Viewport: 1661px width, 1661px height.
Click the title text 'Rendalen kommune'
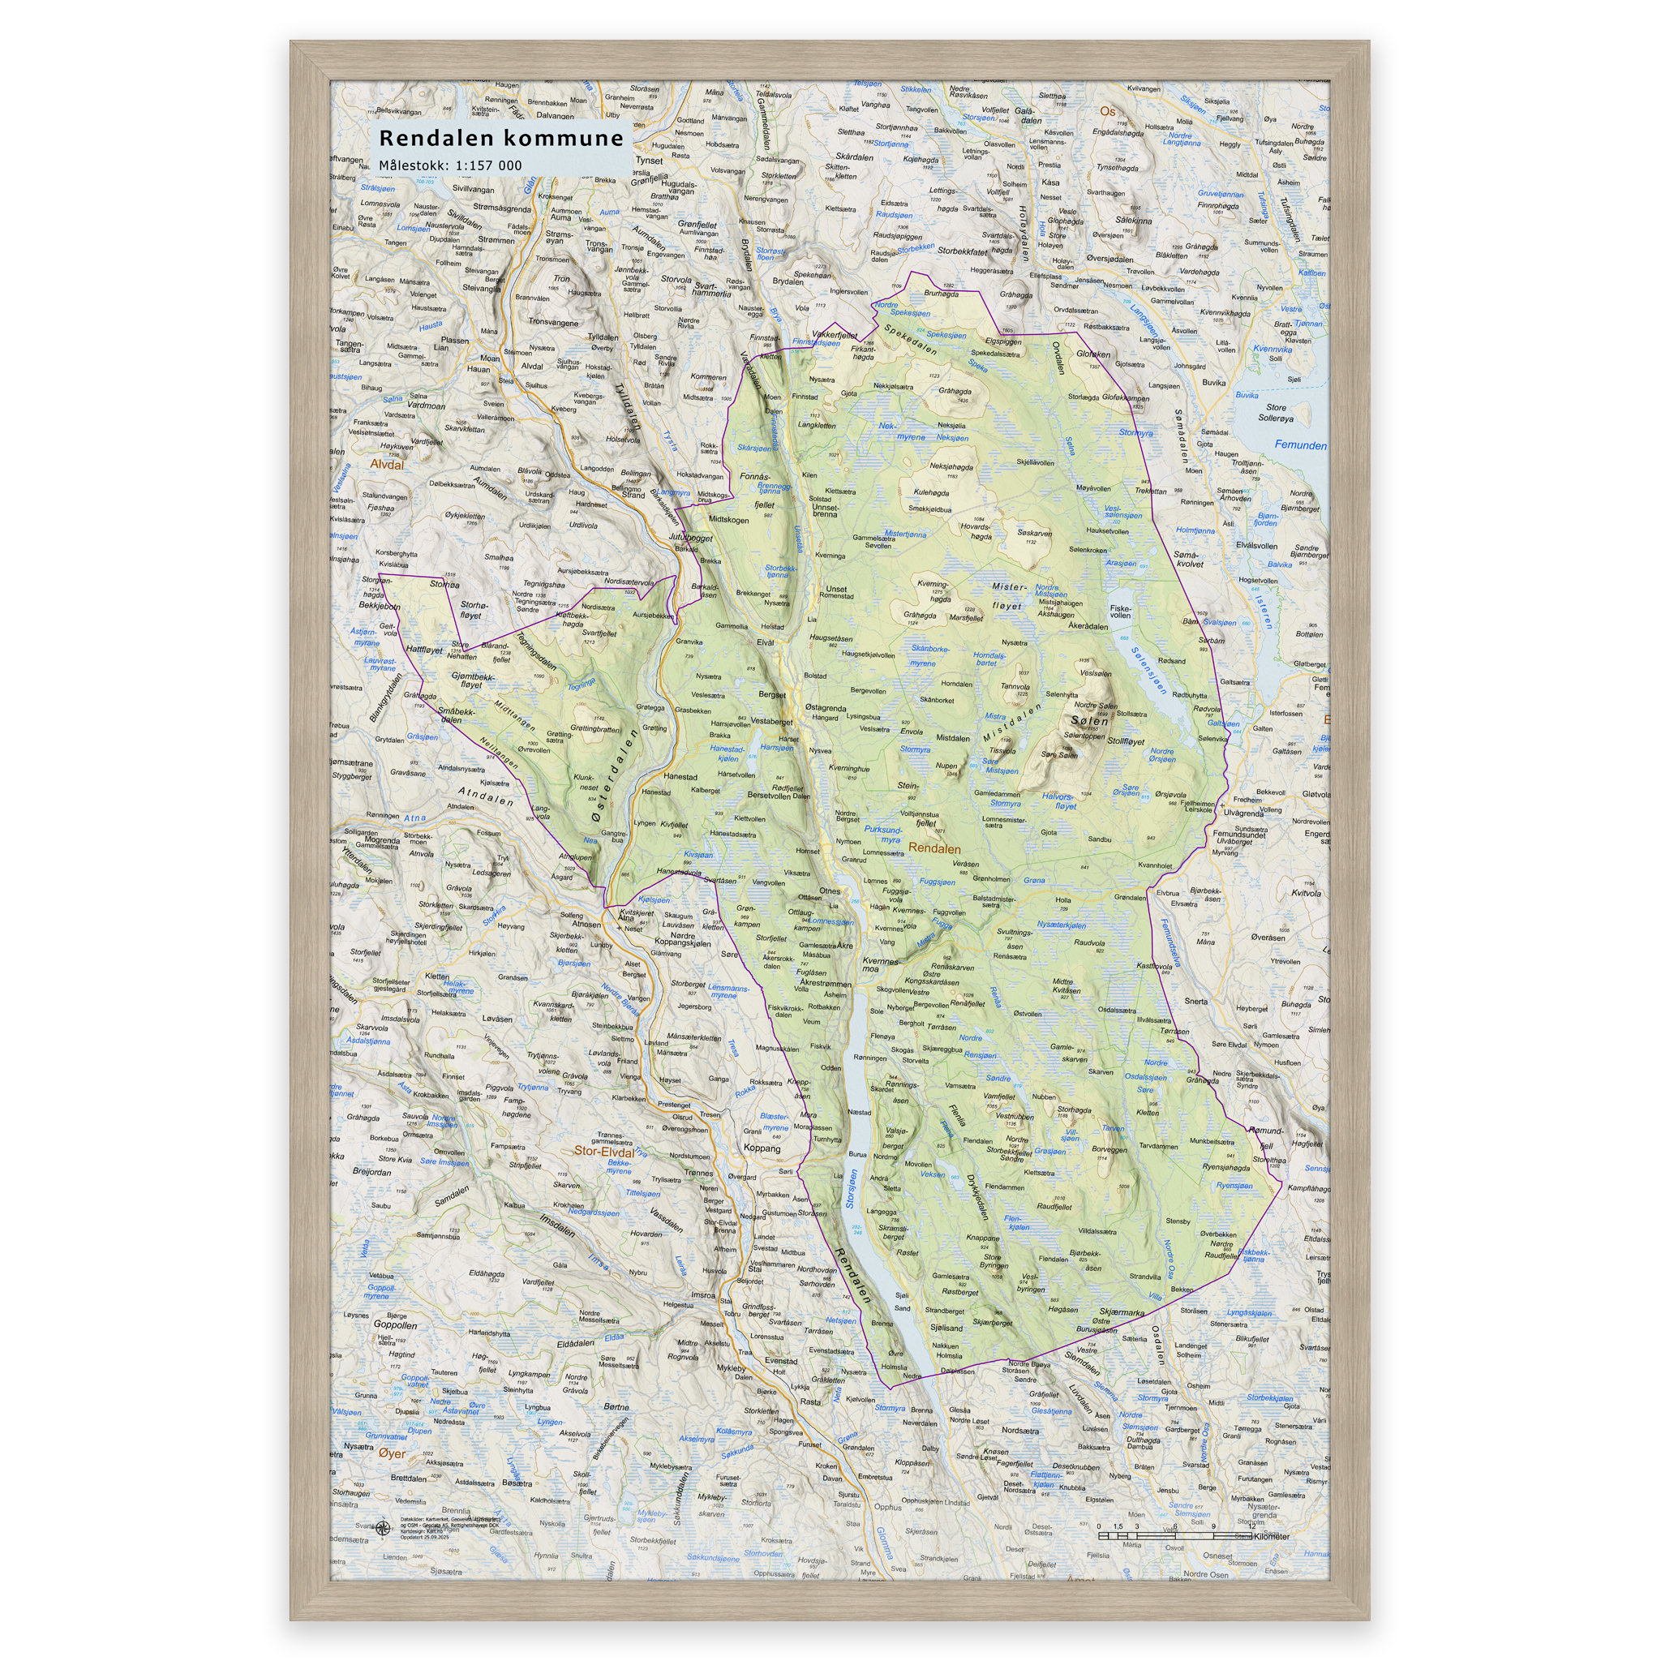click(x=500, y=139)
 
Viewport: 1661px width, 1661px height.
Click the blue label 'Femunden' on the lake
click(x=1300, y=445)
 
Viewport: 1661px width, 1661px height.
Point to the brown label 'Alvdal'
click(x=387, y=464)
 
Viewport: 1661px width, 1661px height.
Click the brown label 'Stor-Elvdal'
click(x=603, y=1151)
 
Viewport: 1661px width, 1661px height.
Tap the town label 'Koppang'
click(x=762, y=1148)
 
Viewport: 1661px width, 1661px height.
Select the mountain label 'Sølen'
click(x=1089, y=720)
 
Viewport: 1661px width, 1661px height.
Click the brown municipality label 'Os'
click(x=1107, y=112)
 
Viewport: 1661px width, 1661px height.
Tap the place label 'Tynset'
click(x=649, y=160)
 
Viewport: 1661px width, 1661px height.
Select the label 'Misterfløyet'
click(x=1007, y=597)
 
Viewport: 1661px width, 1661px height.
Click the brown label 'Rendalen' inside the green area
click(x=934, y=848)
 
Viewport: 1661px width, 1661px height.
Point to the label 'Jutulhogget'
click(x=690, y=538)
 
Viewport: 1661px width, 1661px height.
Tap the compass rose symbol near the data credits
click(x=384, y=1527)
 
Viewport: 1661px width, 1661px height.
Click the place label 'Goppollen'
click(x=395, y=1325)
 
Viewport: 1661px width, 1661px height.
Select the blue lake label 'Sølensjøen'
click(x=1149, y=671)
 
